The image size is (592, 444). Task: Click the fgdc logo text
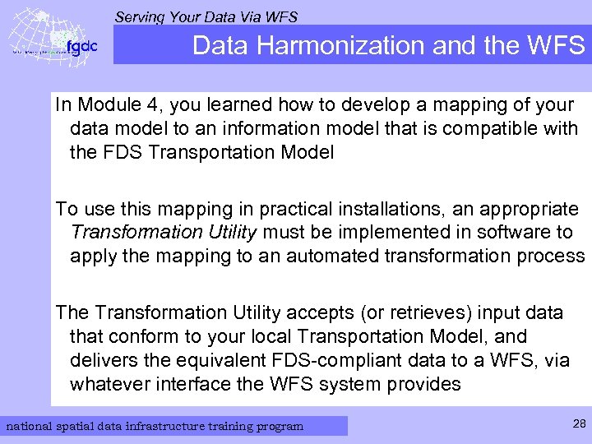81,47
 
